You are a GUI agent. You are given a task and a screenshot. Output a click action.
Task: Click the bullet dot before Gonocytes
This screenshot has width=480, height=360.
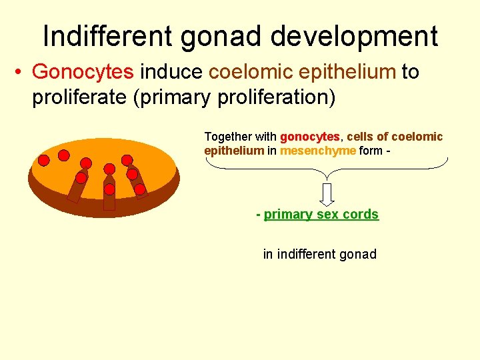click(x=20, y=72)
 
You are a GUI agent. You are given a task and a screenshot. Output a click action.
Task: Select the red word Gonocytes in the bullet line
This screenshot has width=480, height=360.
click(x=83, y=72)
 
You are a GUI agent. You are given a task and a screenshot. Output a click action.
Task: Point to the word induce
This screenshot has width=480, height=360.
click(x=172, y=72)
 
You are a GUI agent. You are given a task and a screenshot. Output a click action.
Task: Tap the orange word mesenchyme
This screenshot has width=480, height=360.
click(x=318, y=151)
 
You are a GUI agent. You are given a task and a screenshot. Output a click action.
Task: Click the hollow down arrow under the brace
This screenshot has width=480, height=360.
click(x=327, y=193)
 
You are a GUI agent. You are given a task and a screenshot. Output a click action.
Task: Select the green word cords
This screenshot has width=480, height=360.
click(x=360, y=214)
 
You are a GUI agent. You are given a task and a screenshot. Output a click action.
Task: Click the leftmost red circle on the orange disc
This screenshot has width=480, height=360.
click(x=43, y=160)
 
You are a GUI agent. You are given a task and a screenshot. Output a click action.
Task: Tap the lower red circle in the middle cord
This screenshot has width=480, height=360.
click(x=109, y=189)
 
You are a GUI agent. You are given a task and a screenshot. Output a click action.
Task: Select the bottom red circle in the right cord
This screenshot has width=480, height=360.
click(x=140, y=189)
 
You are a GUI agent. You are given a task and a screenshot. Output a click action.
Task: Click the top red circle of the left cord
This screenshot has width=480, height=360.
click(x=86, y=163)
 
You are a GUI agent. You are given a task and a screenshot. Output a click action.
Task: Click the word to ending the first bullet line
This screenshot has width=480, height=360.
click(x=410, y=72)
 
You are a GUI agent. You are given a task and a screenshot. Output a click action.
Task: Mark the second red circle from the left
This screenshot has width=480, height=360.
click(x=64, y=155)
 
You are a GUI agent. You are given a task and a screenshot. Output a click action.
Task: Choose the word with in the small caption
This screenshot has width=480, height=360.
click(x=267, y=137)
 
